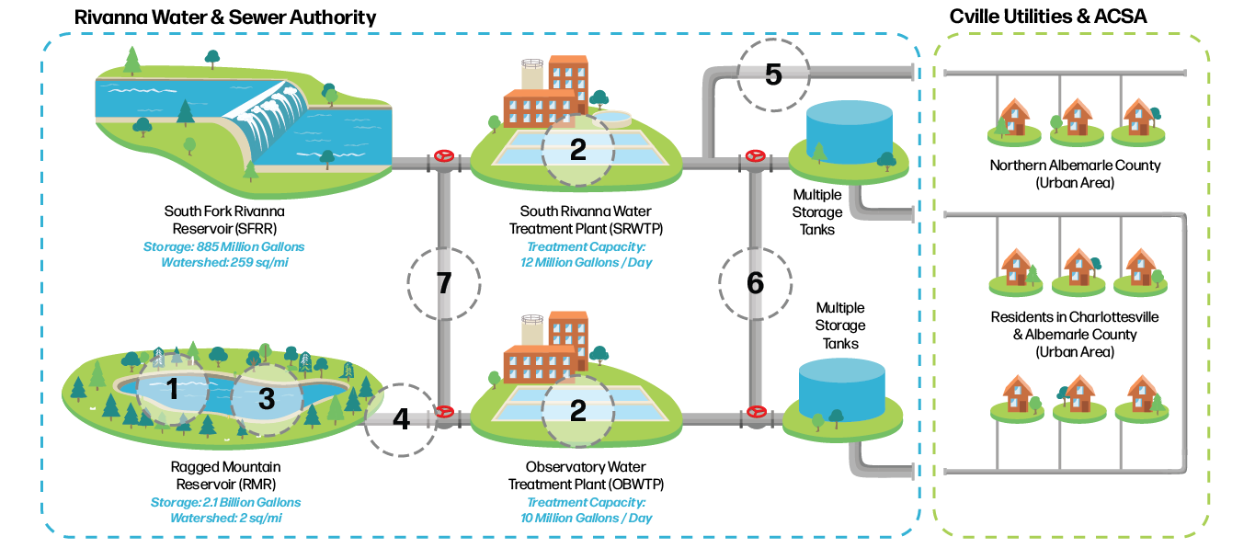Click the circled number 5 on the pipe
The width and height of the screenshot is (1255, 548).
[773, 74]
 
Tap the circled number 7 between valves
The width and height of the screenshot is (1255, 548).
[444, 283]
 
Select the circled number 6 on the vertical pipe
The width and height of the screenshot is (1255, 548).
[755, 283]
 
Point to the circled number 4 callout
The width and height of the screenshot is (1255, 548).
[401, 419]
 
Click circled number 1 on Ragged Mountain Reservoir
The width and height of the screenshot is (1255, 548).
[172, 390]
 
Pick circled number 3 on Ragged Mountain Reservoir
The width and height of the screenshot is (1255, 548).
[266, 399]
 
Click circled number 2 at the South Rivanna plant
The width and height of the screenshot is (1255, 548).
[577, 150]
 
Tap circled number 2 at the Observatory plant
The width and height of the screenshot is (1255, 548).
[577, 410]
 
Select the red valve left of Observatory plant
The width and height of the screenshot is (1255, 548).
[444, 414]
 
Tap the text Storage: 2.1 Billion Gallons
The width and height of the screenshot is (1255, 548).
[225, 502]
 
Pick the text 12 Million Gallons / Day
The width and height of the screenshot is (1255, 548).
[587, 263]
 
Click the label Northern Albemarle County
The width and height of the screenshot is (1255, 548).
[1075, 166]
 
